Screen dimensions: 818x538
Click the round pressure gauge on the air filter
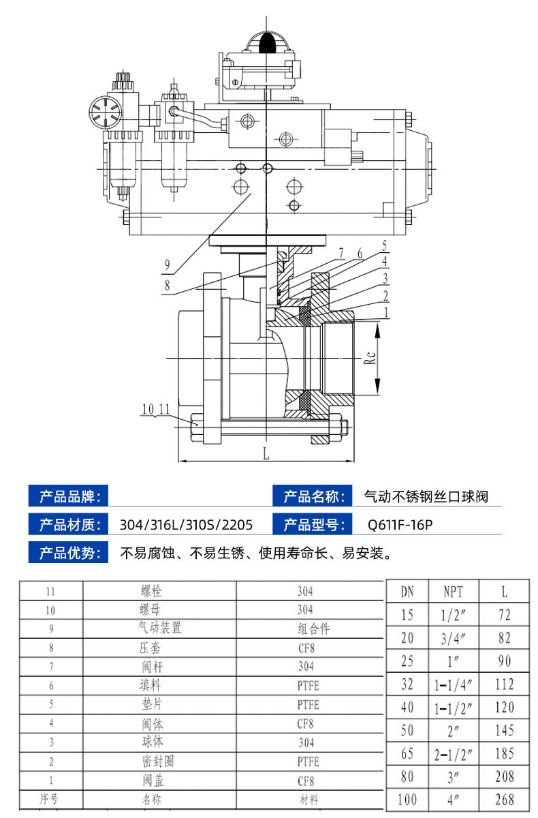click(x=106, y=110)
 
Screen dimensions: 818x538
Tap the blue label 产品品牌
click(x=69, y=496)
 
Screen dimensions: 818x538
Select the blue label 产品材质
click(x=69, y=524)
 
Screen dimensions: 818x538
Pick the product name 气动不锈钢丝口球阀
click(x=426, y=496)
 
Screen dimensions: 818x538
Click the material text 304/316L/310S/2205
click(x=186, y=525)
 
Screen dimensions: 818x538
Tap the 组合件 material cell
click(x=314, y=628)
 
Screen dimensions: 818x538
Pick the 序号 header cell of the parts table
click(x=50, y=799)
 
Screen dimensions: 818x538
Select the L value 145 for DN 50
click(x=504, y=731)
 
